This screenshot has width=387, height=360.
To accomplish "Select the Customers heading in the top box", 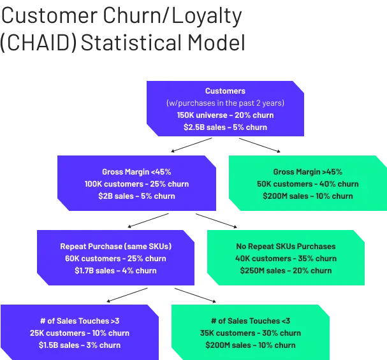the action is click(x=225, y=91).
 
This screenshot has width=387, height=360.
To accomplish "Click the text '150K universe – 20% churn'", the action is click(x=225, y=115).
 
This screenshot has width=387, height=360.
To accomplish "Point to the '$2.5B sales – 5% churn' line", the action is click(x=225, y=127).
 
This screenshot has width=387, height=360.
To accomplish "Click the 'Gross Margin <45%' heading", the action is click(x=136, y=172).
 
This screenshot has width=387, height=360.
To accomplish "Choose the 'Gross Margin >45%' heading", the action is click(x=307, y=172).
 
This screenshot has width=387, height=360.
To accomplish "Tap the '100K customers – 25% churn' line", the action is click(x=136, y=184).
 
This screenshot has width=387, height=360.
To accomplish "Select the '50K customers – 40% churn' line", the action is click(x=307, y=184).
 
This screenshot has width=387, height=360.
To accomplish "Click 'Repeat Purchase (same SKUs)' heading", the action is click(x=116, y=247).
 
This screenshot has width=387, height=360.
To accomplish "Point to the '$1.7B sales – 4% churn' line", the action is click(x=116, y=271).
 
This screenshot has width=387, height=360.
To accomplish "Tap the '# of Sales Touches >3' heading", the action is click(x=79, y=321).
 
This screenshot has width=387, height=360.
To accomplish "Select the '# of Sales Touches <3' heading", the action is click(x=251, y=321).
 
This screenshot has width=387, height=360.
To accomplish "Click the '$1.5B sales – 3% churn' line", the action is click(x=79, y=345).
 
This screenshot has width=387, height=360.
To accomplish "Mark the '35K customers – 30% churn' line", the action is click(x=251, y=333).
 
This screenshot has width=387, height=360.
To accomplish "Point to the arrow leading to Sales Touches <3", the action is click(x=194, y=294).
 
